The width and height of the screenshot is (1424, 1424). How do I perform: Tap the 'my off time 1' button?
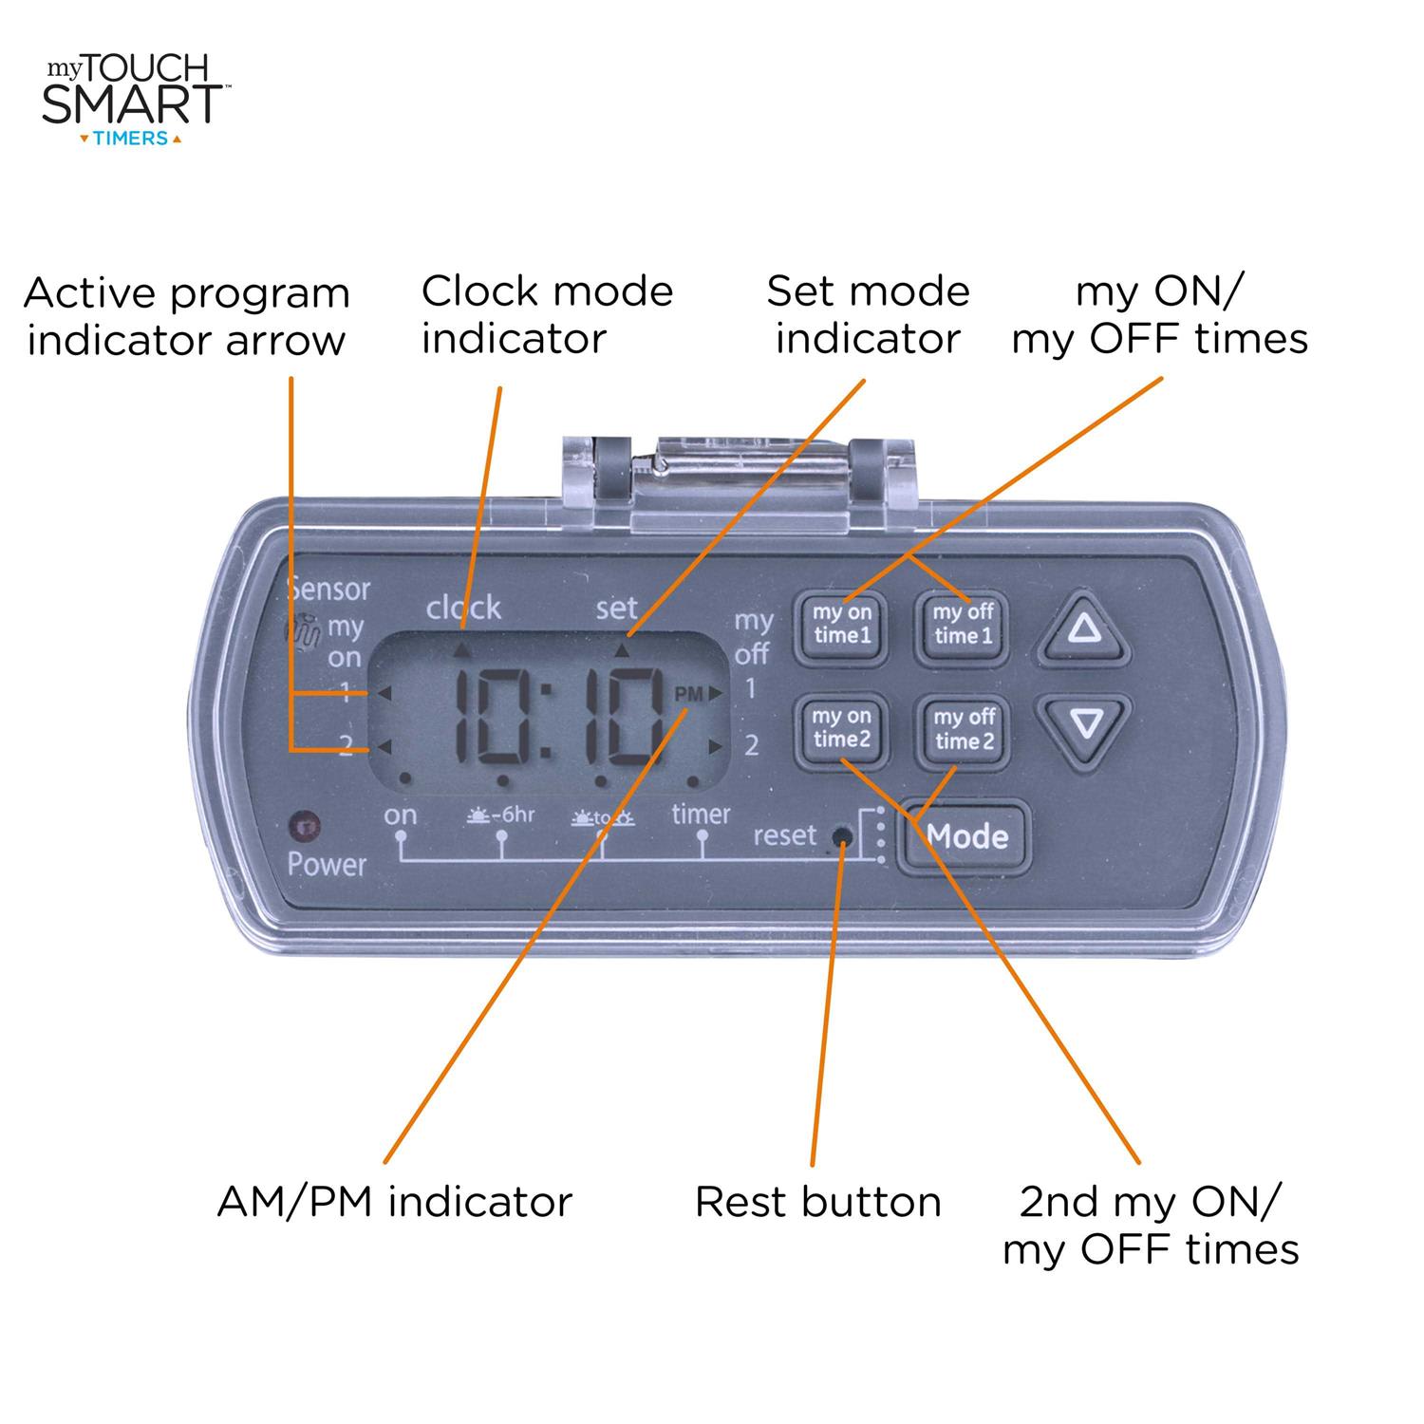(x=962, y=625)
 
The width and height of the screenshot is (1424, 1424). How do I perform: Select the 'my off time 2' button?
(x=963, y=729)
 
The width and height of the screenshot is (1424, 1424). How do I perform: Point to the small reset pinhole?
(x=840, y=836)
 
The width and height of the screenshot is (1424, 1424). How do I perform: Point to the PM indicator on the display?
(x=688, y=694)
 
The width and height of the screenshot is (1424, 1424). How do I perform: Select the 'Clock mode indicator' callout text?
(x=547, y=314)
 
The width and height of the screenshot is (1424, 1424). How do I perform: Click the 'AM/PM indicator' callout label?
(x=395, y=1202)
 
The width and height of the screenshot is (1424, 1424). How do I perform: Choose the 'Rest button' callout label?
(x=817, y=1202)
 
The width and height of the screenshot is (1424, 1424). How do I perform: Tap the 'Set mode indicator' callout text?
(x=868, y=314)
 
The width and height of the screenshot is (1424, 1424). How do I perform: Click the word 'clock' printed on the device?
(x=463, y=608)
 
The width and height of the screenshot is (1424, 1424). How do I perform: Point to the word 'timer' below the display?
(x=701, y=814)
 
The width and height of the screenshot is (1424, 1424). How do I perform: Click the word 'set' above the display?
(x=617, y=608)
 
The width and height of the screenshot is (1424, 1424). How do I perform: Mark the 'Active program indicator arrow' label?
(x=187, y=316)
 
